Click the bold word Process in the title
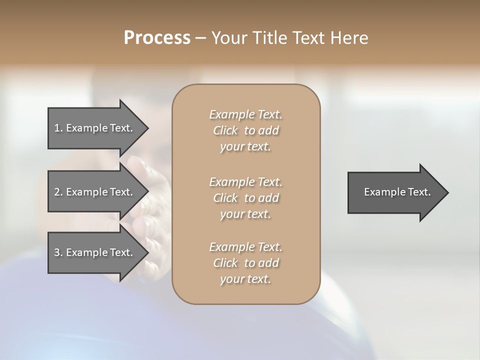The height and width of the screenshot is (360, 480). [x=157, y=38]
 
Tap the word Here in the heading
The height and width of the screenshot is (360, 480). [x=349, y=38]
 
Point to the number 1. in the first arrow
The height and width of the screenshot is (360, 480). [x=58, y=128]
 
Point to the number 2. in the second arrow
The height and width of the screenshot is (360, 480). [x=58, y=192]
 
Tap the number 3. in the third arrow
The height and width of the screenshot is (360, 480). [x=58, y=252]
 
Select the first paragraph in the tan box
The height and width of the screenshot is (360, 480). [x=245, y=130]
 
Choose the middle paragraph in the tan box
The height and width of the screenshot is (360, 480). [x=245, y=197]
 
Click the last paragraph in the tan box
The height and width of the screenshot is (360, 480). [x=245, y=263]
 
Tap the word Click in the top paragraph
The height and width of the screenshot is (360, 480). [x=225, y=130]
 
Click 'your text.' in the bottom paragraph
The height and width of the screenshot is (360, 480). [x=245, y=279]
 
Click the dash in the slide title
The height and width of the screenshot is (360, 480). [x=200, y=38]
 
